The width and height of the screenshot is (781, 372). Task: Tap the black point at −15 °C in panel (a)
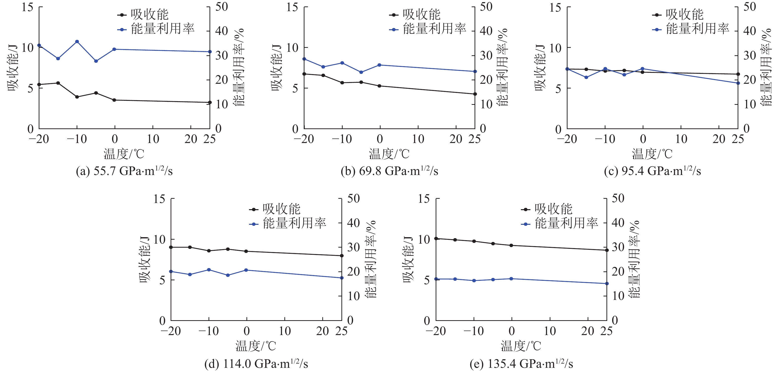coord(58,83)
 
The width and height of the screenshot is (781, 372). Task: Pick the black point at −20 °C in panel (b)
coord(304,74)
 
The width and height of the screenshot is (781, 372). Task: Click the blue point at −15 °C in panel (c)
coord(586,77)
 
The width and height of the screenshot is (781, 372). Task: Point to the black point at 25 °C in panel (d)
coord(342,256)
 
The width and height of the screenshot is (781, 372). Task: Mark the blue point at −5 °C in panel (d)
coord(228,275)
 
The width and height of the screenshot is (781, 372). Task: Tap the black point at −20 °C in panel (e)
coord(436,239)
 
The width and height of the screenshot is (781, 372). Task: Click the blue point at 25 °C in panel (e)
coord(607,284)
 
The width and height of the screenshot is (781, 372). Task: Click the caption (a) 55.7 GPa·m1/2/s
coord(124,171)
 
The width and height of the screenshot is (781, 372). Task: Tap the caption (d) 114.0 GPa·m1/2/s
coord(256,363)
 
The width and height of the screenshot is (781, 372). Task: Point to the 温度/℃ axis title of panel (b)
coord(389,154)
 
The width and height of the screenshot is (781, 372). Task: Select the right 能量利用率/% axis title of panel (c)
coord(765,67)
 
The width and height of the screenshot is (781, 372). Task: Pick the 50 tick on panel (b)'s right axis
coord(486,7)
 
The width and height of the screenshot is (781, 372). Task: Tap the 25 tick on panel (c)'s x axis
coord(738,139)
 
